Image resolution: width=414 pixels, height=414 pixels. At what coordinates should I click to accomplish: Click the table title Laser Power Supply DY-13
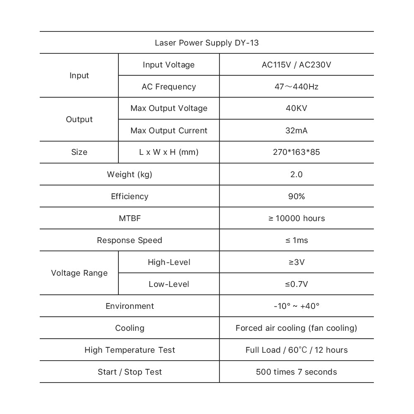[x=207, y=43]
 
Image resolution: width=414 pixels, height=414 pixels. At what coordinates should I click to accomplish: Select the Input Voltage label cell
[x=168, y=65]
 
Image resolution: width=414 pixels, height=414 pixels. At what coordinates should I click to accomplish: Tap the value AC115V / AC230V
[x=296, y=65]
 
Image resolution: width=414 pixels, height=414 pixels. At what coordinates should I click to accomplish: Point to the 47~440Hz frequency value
[x=296, y=87]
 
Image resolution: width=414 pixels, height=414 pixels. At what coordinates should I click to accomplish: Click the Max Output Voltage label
[x=168, y=108]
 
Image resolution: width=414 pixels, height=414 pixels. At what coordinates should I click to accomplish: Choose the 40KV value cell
[x=296, y=108]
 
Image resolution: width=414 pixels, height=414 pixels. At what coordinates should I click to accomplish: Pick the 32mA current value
[x=296, y=130]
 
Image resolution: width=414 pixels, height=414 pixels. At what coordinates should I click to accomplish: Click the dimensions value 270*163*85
[x=296, y=152]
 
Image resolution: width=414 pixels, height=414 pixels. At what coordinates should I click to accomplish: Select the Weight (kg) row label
[x=130, y=174]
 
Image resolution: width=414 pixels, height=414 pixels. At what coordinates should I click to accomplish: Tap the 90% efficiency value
[x=296, y=196]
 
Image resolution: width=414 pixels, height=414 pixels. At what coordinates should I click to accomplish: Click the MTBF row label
[x=130, y=218]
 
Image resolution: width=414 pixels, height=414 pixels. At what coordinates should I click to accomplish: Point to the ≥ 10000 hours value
[x=296, y=218]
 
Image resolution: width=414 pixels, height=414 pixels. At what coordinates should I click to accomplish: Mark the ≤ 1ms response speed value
[x=296, y=240]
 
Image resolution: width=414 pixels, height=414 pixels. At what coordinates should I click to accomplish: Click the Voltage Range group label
[x=79, y=273]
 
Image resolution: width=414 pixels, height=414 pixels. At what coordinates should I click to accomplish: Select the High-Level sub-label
[x=168, y=262]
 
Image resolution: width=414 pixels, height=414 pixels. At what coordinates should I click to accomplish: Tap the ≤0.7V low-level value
[x=296, y=284]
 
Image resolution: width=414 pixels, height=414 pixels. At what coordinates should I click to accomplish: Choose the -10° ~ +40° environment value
[x=296, y=306]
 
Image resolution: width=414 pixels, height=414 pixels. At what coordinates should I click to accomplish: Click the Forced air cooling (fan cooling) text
[x=296, y=328]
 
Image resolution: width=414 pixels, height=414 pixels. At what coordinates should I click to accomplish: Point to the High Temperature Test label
[x=130, y=350]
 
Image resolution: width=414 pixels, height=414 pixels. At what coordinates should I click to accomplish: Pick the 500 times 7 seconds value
[x=296, y=372]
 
